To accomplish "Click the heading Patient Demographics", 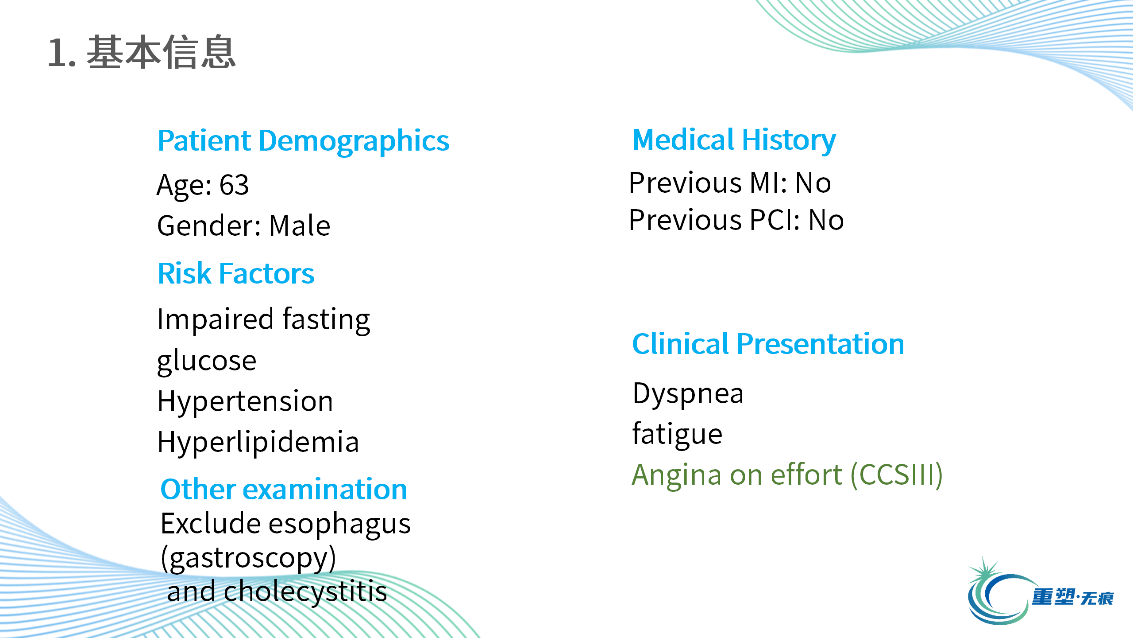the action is coord(303,141).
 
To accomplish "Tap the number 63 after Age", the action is coord(234,185).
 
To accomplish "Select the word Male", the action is coord(300,226).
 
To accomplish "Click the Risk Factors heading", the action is coord(236,273).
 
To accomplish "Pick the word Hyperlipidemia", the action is coord(258,442).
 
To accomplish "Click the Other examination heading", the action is coord(284,489).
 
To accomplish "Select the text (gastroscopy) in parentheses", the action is coord(248,558).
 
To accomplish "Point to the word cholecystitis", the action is coord(305,591).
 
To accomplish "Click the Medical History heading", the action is coord(734,140).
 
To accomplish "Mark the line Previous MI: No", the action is coord(730,183).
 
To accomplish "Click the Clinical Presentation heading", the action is coord(768,344).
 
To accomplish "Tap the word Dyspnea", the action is coord(688,394).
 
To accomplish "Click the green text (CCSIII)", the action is coord(897,475).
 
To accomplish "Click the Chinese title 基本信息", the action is coord(161,52).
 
